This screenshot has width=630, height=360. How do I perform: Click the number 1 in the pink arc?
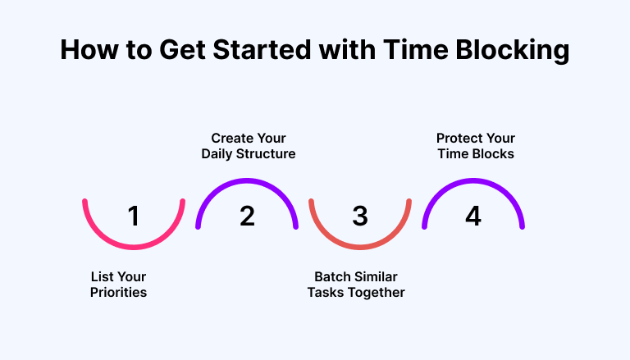(x=134, y=216)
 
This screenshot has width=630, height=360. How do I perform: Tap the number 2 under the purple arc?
(x=247, y=216)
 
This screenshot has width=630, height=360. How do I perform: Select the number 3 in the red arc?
(x=360, y=216)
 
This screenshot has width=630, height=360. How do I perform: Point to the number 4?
(x=473, y=216)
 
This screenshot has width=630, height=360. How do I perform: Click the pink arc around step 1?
(x=134, y=247)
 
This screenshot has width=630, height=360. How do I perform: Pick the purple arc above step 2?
(x=247, y=180)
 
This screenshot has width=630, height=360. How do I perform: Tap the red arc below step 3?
(x=360, y=247)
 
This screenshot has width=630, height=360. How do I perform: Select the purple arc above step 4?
(x=473, y=180)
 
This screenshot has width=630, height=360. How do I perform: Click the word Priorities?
(x=118, y=293)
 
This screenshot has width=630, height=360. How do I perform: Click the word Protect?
(x=456, y=139)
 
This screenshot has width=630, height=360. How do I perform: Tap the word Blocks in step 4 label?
(x=493, y=154)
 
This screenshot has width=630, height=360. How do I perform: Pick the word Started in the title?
(x=262, y=49)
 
